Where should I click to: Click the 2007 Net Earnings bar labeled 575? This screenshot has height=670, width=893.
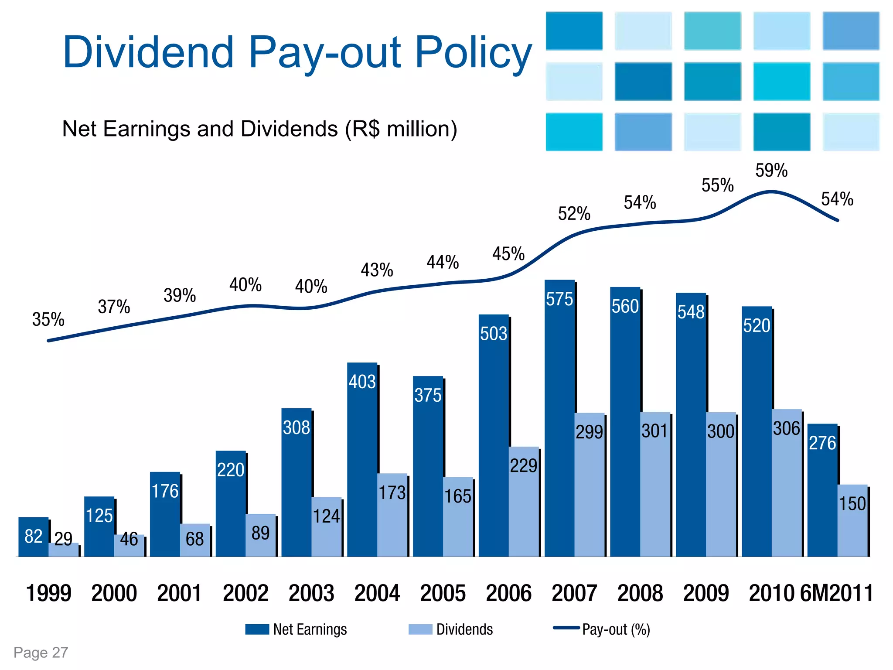coord(559,419)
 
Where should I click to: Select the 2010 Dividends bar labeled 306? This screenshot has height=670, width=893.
coord(787,484)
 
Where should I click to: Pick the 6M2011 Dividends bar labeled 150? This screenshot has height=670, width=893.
coord(852,521)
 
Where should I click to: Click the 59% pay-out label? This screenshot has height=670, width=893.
coord(771,171)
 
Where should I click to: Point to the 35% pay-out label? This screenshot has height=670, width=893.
coord(48,320)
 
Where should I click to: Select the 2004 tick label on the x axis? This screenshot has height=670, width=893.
coord(377,593)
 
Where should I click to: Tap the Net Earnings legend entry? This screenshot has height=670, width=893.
coord(297,629)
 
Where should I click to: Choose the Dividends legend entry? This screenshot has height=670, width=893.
coord(451,629)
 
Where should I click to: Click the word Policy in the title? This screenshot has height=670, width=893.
coord(474,52)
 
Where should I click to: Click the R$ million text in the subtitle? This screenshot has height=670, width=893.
coord(401,129)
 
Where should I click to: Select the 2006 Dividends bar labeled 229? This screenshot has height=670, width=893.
coord(524,502)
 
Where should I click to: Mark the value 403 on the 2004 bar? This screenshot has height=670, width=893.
coord(362,382)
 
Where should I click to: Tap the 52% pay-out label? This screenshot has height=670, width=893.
coord(574,214)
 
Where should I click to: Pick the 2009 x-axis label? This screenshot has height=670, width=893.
coord(706,593)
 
